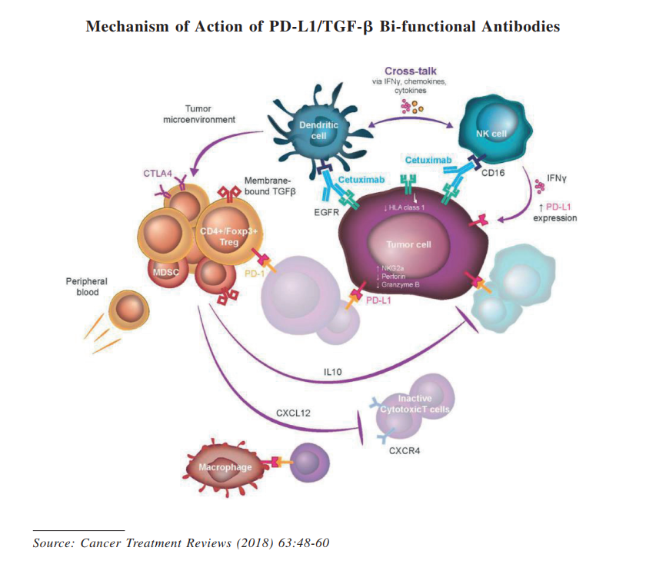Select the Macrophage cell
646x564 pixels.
228,466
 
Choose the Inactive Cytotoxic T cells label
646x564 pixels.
414,404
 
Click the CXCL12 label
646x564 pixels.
292,413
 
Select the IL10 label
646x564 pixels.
332,372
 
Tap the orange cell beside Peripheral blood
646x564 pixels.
125,310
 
